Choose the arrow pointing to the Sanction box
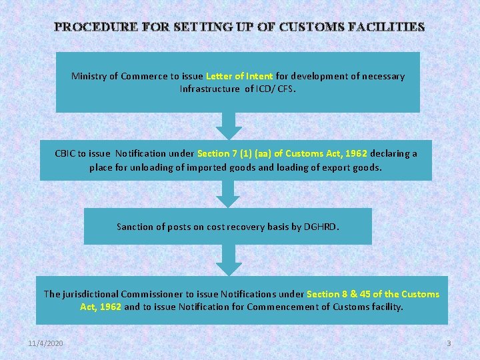point(229,194)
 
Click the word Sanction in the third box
point(135,227)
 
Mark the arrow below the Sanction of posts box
point(229,259)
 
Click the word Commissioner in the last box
point(150,294)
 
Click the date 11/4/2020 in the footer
point(46,343)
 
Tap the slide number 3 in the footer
point(449,343)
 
